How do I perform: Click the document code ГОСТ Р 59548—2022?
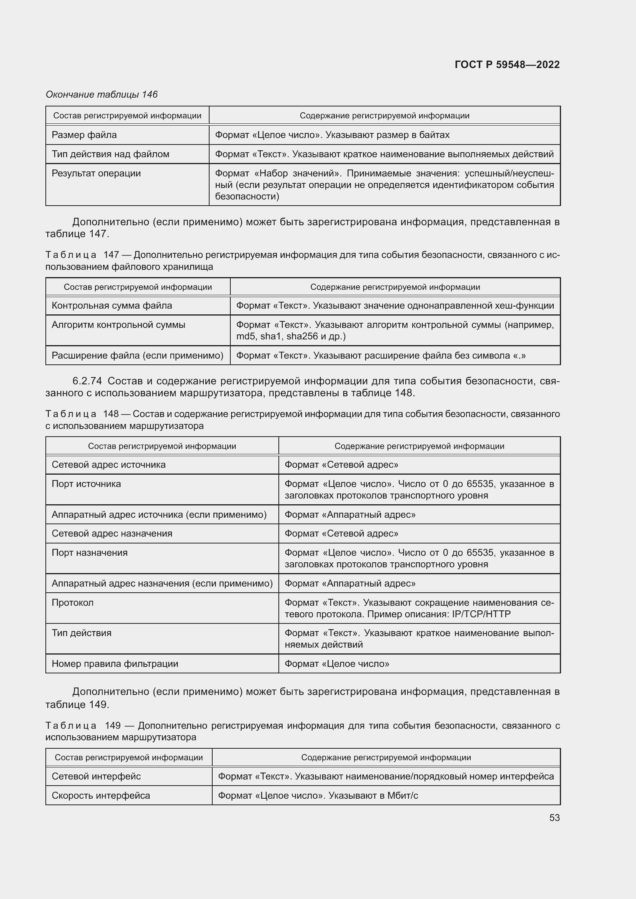[x=507, y=65]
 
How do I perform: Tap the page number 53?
[x=554, y=818]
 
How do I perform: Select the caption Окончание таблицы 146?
[x=102, y=95]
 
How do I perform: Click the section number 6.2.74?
[x=87, y=381]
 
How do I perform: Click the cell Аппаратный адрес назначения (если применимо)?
[x=162, y=583]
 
